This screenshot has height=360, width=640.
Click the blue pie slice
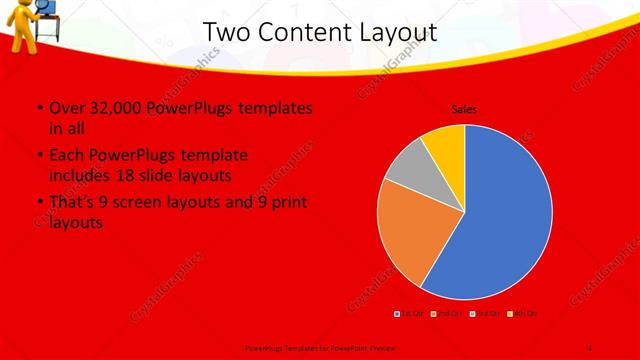[505, 215]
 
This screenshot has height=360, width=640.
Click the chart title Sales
[464, 108]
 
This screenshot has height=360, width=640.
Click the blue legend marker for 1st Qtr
[397, 314]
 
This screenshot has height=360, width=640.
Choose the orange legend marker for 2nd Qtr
[433, 314]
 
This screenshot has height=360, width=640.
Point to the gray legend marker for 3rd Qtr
[470, 314]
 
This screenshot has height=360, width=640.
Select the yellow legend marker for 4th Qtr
[507, 314]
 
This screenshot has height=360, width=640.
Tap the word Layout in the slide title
[401, 32]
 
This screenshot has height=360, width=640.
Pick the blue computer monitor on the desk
[45, 6]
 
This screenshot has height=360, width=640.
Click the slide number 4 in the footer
[590, 346]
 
